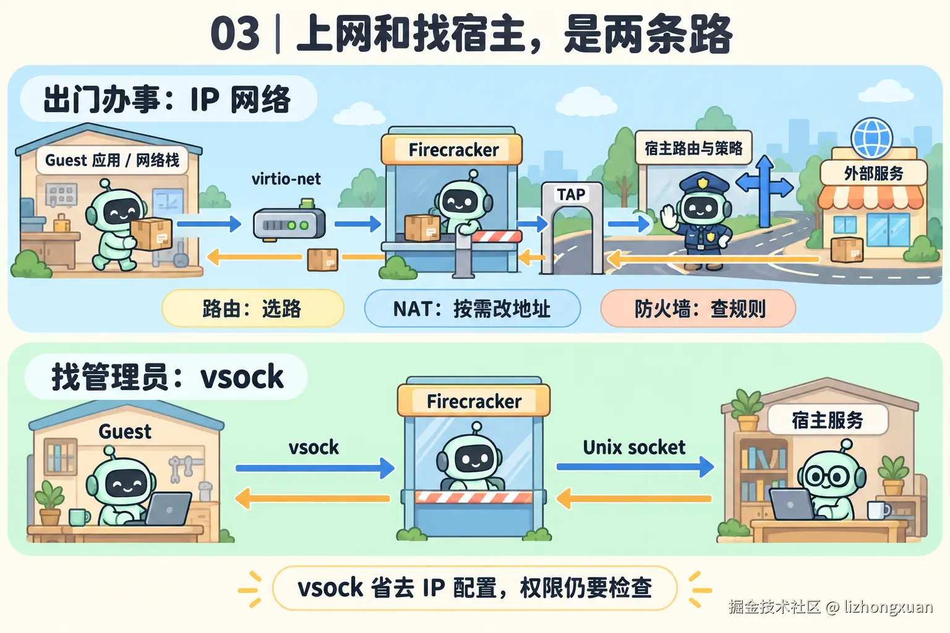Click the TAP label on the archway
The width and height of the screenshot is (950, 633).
point(571,195)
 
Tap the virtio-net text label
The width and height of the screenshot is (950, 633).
point(286,179)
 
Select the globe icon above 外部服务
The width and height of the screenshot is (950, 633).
point(872,138)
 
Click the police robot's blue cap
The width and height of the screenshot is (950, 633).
point(704,182)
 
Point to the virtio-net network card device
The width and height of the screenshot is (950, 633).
point(289,222)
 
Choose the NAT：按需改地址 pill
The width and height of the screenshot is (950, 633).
point(472,308)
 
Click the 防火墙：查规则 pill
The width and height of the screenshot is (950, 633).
point(698,308)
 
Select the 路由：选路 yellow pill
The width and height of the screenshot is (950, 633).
point(253,308)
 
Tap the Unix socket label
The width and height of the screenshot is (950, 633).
point(634,448)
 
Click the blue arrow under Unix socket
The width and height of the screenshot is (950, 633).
point(635,467)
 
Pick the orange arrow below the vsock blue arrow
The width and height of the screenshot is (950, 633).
point(312,498)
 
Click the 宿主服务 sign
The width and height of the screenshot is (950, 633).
point(828,420)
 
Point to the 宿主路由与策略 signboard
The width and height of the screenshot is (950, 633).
point(693,148)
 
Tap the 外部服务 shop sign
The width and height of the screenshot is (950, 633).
point(874,173)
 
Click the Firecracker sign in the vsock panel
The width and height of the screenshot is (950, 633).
point(474,401)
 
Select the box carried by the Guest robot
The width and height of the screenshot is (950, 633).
point(152,234)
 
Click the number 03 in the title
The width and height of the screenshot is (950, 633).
point(235,33)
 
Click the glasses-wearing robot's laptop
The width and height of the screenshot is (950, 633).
point(792,504)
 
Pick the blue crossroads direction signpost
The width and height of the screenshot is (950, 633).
point(764,190)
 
